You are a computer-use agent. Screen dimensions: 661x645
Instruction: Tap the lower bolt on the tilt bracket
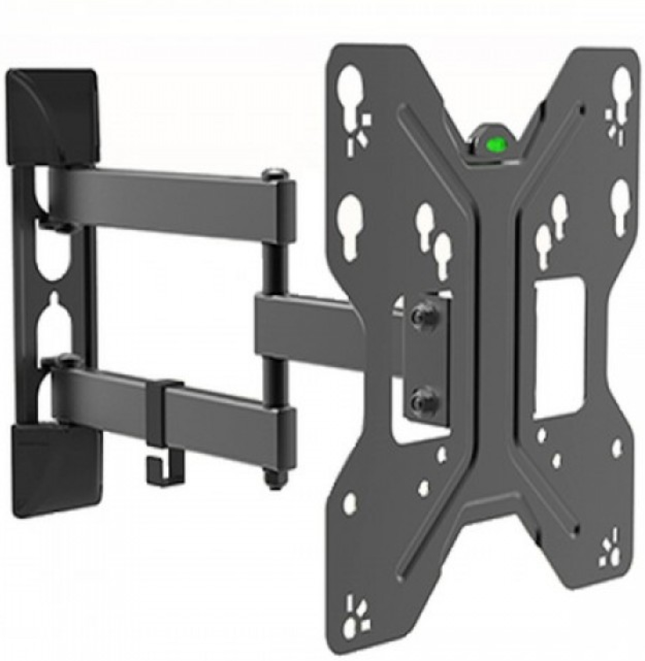coord(417,400)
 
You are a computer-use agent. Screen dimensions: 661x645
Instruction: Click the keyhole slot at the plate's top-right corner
coord(622,86)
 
